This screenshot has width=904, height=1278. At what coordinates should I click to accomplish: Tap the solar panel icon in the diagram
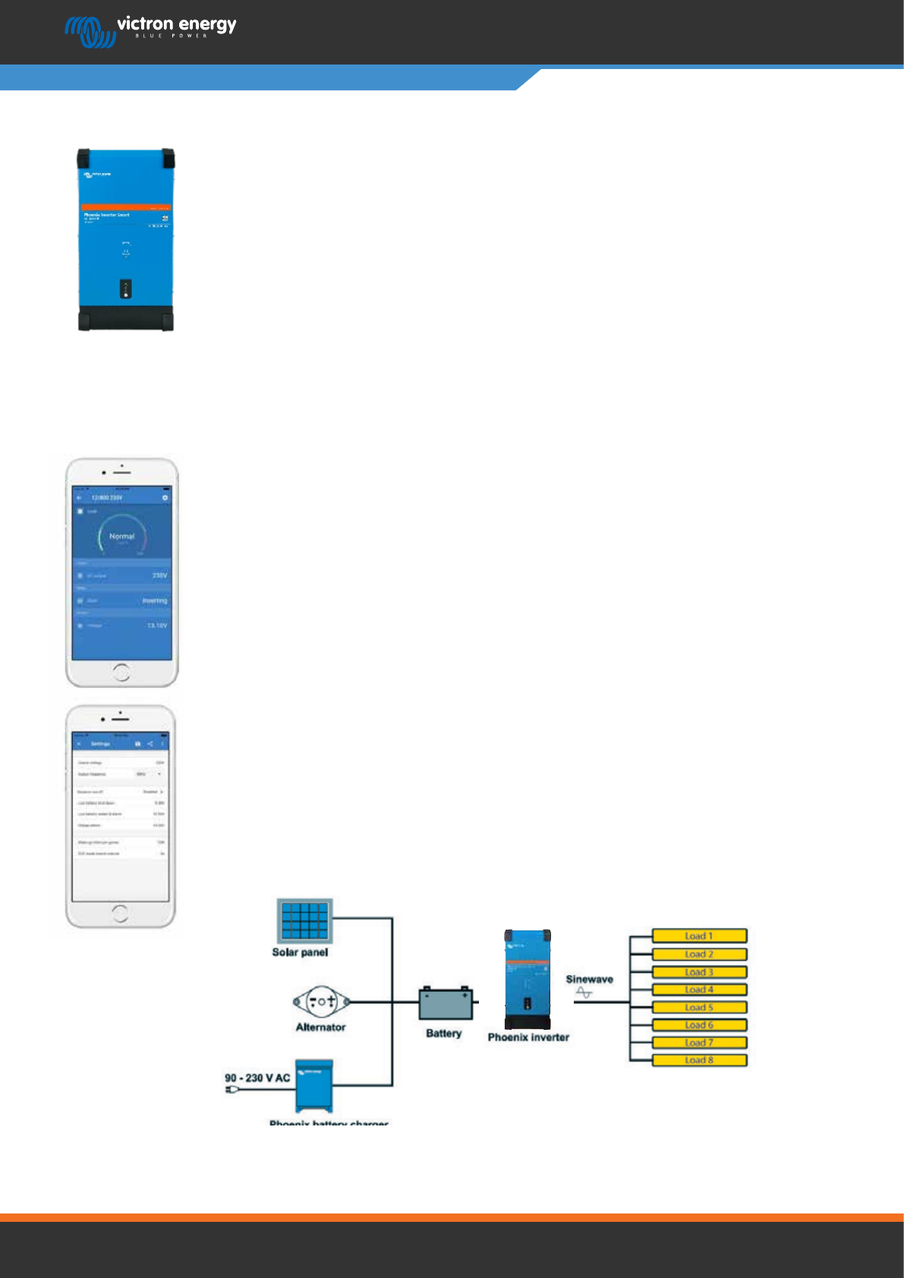(304, 920)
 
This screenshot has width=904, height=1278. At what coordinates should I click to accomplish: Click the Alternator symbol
(322, 1002)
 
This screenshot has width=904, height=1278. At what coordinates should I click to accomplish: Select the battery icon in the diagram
(446, 1004)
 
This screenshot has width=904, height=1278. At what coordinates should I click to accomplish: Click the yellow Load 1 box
(699, 936)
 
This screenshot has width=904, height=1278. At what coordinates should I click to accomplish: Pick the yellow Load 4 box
(699, 990)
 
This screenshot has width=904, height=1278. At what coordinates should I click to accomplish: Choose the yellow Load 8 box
(699, 1060)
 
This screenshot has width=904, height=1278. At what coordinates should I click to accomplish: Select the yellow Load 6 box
(699, 1025)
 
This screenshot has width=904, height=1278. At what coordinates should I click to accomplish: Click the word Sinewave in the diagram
(589, 979)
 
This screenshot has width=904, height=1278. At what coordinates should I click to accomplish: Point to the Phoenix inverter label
(528, 1037)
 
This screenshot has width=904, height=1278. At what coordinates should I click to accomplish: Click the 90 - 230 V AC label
(257, 1078)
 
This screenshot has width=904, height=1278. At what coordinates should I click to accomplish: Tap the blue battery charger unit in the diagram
(314, 1085)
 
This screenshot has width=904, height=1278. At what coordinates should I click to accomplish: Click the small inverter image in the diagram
(528, 979)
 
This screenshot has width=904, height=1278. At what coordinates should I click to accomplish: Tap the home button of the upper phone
(121, 672)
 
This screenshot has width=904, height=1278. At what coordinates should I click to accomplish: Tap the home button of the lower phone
(120, 913)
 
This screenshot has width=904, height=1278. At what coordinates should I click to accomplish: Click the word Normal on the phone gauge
(121, 537)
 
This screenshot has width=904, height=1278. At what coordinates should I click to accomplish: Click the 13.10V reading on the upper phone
(157, 626)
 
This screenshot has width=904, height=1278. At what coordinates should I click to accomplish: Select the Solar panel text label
(300, 952)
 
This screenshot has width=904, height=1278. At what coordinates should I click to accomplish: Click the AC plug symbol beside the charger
(232, 1091)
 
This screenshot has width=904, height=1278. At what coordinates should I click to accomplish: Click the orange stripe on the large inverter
(126, 207)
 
